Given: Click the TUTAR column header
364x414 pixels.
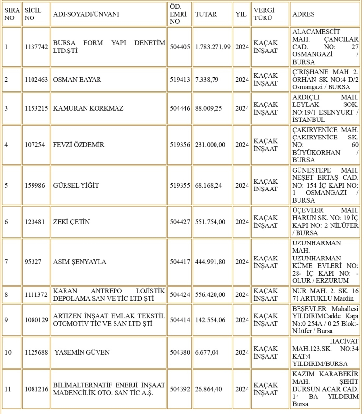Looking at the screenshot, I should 206,15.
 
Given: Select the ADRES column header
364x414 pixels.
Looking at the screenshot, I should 302,15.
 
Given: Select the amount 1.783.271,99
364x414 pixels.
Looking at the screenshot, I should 213,47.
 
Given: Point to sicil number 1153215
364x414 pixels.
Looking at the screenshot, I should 36,108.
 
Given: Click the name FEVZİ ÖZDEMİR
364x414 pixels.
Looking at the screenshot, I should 79,145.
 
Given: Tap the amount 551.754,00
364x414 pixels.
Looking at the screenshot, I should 210,222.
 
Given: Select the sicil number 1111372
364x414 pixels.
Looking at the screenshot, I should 36,294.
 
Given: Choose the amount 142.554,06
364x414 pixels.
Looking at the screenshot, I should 210,319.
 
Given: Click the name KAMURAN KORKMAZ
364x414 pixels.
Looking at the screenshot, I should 82,108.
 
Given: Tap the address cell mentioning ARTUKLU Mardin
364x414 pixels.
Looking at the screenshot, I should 325,294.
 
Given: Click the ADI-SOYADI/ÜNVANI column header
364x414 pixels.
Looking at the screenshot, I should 86,15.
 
